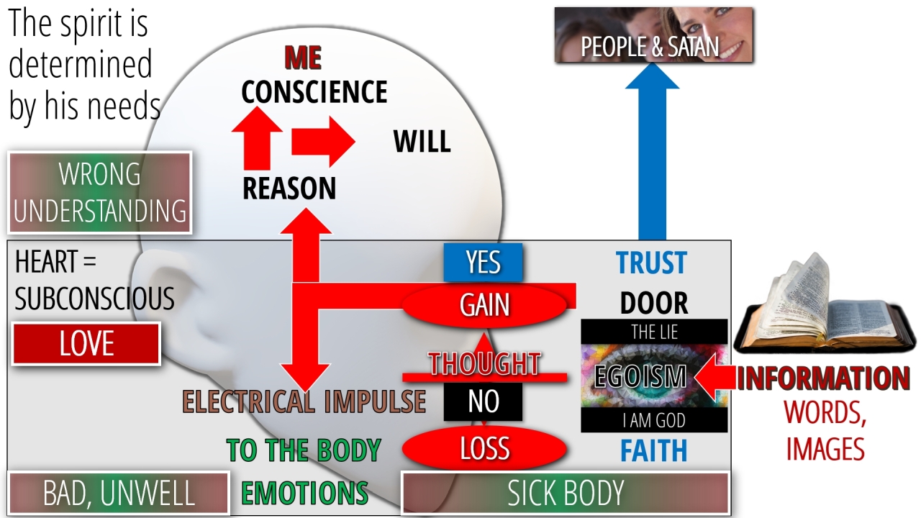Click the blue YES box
pos(483,262)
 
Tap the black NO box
pos(483,401)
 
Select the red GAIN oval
pos(485,305)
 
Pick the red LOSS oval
pos(485,449)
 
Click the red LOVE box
pos(86,344)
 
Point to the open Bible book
pos(823,309)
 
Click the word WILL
pos(422,142)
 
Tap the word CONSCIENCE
pos(314,92)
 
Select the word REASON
pos(289,188)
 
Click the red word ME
pos(303,58)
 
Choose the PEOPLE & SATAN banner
pos(653,35)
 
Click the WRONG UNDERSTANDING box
pos(100,193)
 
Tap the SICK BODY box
pos(566,493)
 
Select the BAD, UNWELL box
pos(119,494)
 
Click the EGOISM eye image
pos(653,376)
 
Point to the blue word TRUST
pos(651,263)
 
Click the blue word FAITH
pos(653,451)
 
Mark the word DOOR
pos(653,304)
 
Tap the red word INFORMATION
pos(823,378)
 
